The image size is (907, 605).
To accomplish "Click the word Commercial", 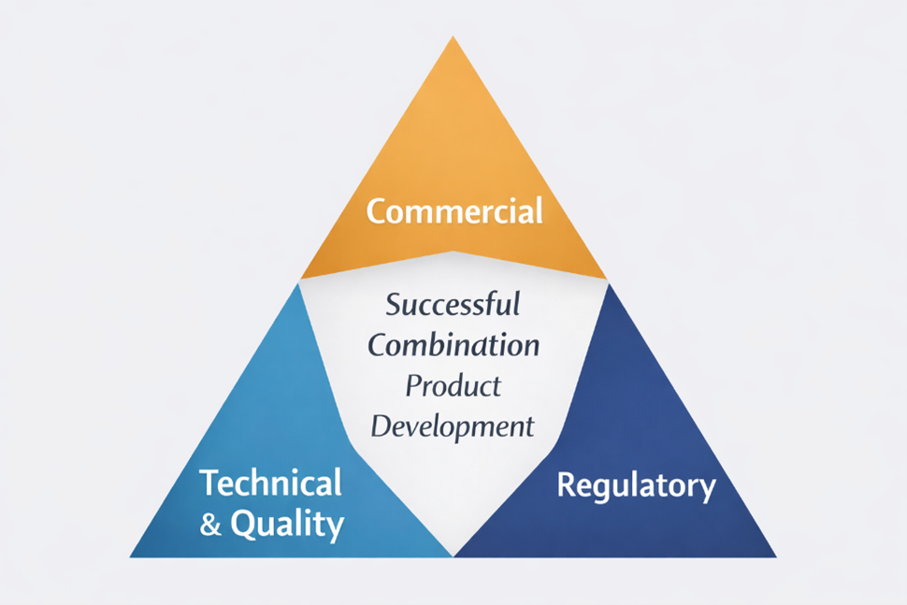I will click(x=454, y=211).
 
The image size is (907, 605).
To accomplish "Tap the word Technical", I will click(x=271, y=483).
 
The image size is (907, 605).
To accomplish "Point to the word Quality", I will click(x=286, y=526).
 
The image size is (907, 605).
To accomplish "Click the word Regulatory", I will click(x=636, y=486).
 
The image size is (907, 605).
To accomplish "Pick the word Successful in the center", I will click(x=453, y=305).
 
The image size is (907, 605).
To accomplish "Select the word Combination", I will click(x=453, y=345).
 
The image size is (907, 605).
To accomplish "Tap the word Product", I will click(x=453, y=385).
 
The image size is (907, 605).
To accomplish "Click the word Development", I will click(x=453, y=426).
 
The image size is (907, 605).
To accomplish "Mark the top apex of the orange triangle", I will click(x=453, y=37).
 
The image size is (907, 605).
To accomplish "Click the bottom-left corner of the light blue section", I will click(x=131, y=556).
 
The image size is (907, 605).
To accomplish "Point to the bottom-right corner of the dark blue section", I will click(x=775, y=556).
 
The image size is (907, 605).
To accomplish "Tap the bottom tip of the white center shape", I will click(x=453, y=555).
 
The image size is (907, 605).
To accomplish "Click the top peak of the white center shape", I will click(x=453, y=252).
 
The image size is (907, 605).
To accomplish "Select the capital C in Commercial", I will click(x=377, y=211).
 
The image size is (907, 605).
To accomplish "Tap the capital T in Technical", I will click(x=210, y=483).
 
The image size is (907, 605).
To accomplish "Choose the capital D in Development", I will click(x=381, y=426).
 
